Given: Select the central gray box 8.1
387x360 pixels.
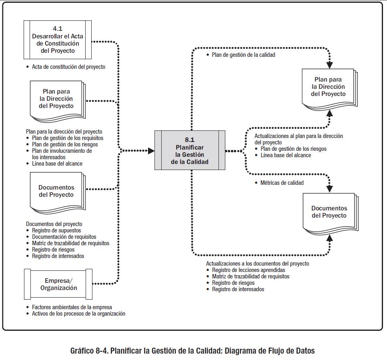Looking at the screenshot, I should coord(189,150).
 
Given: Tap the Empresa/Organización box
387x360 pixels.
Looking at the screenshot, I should coord(58,284).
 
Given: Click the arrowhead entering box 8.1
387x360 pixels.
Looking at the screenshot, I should coord(151,151).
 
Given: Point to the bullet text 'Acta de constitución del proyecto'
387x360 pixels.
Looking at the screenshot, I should coord(68,67).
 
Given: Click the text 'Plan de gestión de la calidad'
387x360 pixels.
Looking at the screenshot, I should coord(243,55).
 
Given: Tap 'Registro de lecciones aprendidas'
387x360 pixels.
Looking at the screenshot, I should coord(249,270).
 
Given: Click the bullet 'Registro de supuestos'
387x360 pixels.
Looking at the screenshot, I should coord(56,230).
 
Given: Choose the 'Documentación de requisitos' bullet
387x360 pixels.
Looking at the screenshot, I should coord(64,237).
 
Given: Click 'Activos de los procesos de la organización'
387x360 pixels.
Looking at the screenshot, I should coord(78,314).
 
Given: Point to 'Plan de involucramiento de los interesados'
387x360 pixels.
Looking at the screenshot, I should coord(62,154).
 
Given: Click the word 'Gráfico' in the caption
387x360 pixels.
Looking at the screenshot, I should coord(82,351).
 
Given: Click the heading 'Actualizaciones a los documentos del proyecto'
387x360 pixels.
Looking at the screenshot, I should coord(257,264).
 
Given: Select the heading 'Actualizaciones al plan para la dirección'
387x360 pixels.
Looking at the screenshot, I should coord(299,136).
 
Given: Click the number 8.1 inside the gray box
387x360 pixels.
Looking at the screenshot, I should coord(189,140).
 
